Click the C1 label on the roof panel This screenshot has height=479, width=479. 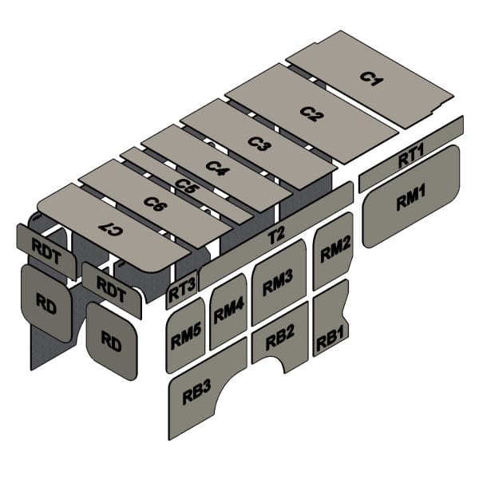tap(371, 78)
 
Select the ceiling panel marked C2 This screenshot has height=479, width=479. tap(311, 116)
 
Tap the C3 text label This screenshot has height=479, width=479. tap(259, 143)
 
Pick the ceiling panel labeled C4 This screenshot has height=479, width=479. tap(217, 167)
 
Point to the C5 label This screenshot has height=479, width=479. tap(186, 186)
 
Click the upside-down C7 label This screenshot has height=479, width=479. tap(112, 229)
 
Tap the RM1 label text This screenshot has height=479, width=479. tap(411, 199)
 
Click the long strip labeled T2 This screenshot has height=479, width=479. tap(276, 236)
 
